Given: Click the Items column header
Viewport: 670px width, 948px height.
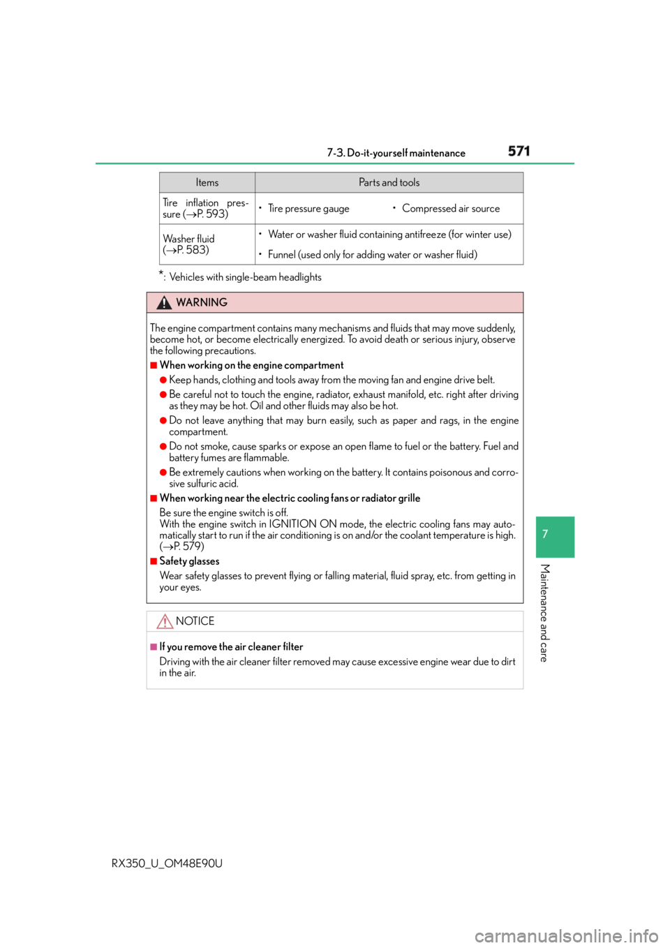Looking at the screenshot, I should coord(207,183).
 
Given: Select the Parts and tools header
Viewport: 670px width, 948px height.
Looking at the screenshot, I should coord(389,183).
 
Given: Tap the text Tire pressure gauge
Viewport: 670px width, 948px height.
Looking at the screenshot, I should coord(308,209).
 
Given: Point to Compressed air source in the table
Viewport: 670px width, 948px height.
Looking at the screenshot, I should coord(451,209).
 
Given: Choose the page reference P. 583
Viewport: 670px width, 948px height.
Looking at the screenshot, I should coord(193,250).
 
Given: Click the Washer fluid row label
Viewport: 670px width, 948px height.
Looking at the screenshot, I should coord(188,239).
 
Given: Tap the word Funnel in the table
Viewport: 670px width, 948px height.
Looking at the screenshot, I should coord(282,255).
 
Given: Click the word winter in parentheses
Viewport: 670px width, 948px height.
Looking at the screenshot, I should coord(478,235).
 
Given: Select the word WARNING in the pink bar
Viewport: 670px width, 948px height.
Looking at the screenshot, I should coord(202,302).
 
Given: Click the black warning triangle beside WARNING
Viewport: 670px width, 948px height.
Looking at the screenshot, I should coord(164,302).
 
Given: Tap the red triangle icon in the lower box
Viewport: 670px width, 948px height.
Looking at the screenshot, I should coord(165,621).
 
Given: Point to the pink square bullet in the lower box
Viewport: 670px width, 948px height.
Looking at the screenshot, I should coord(154,647).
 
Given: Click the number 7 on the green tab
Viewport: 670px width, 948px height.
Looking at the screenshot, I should coord(545,534).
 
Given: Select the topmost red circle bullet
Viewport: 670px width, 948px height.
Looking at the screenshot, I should coord(163,380).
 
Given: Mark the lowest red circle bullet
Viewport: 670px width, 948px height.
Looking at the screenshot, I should coord(163,473).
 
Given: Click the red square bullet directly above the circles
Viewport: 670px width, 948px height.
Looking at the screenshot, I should coord(154,365).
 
